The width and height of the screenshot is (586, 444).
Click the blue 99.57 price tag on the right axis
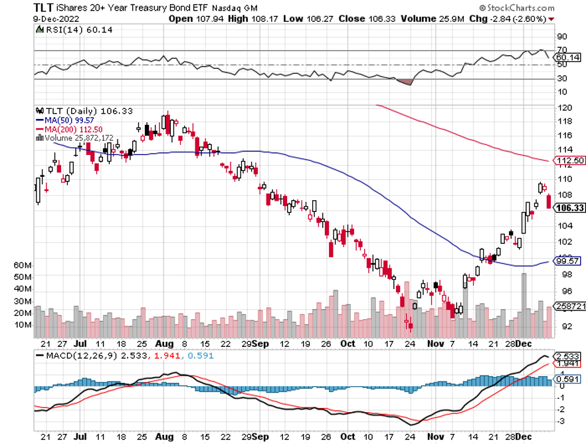tap(567, 261)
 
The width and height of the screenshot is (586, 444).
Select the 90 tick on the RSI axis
tap(562, 37)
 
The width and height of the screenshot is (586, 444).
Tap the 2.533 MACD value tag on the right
tap(567, 356)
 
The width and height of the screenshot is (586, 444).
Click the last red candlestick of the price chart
tap(549, 201)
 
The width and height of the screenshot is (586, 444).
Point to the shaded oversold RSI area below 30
tap(405, 82)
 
